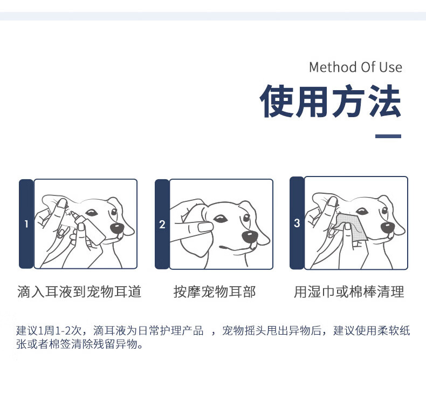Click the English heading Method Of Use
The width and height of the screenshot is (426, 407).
click(355, 67)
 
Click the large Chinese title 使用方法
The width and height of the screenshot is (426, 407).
click(331, 101)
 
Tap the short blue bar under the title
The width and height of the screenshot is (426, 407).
click(388, 136)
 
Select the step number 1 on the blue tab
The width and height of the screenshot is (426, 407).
click(26, 224)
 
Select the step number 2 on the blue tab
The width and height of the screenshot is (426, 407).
click(162, 225)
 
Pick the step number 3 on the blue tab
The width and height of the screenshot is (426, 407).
click(297, 223)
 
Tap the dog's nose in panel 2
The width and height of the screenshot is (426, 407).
click(249, 237)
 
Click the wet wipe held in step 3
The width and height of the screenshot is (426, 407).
click(352, 227)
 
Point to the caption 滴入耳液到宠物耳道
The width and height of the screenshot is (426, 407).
click(79, 291)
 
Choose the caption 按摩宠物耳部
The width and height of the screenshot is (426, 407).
click(215, 291)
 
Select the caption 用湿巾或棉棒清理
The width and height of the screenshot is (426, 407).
click(349, 291)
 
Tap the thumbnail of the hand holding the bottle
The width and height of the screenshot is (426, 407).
click(81, 227)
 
